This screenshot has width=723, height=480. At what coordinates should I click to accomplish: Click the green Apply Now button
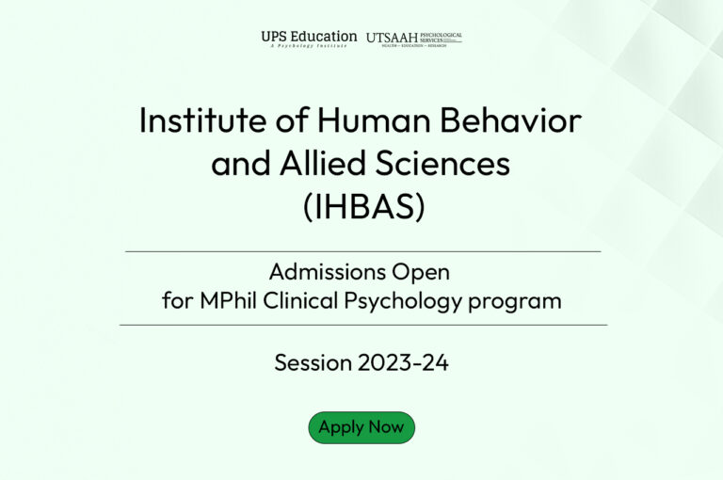pos(361,427)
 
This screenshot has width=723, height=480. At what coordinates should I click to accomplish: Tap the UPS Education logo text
pos(309,36)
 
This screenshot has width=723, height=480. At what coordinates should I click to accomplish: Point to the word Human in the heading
pos(367,120)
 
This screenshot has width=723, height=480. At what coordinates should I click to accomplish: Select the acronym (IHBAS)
pos(362,207)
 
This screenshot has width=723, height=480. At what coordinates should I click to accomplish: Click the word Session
pos(312,362)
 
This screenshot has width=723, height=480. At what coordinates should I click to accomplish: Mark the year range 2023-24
pos(404,362)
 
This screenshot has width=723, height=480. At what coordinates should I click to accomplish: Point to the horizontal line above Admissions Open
pos(362,251)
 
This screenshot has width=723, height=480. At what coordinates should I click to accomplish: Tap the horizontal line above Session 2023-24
pos(362,325)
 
